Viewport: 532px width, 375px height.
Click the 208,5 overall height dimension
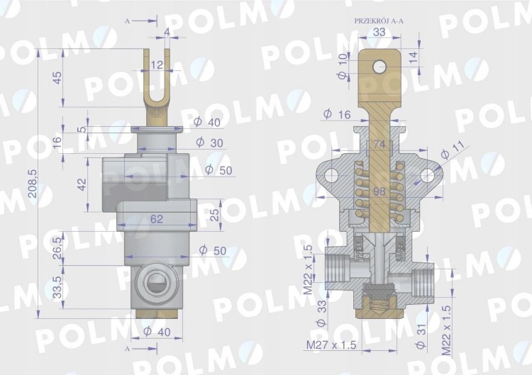pos(33,184)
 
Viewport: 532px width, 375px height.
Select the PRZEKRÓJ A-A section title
pos(379,21)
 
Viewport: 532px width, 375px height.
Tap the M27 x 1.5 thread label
pos(331,345)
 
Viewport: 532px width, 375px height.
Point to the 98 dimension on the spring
pos(379,191)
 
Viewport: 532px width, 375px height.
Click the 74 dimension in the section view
pos(379,144)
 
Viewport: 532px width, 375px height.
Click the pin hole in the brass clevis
pos(379,67)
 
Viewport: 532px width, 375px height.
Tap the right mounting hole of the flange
pos(428,176)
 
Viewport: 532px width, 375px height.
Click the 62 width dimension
pos(157,219)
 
